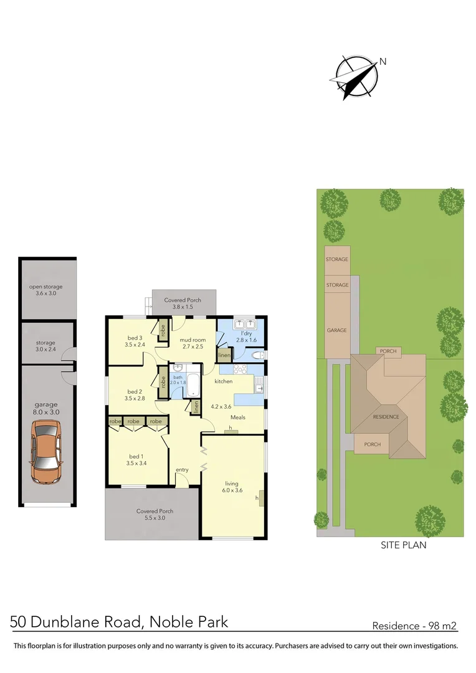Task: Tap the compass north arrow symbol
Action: pos(356,77)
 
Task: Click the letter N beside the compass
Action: pos(383,61)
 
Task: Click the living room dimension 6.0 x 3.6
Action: pos(231,491)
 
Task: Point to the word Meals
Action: pos(238,418)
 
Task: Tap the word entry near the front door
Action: pos(182,470)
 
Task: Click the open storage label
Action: pos(46,290)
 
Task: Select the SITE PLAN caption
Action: pos(403,545)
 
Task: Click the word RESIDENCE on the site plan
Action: pos(386,417)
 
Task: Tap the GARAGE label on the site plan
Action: pos(337,330)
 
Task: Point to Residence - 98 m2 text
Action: pos(415,626)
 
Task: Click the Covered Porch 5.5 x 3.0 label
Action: pos(155,515)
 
